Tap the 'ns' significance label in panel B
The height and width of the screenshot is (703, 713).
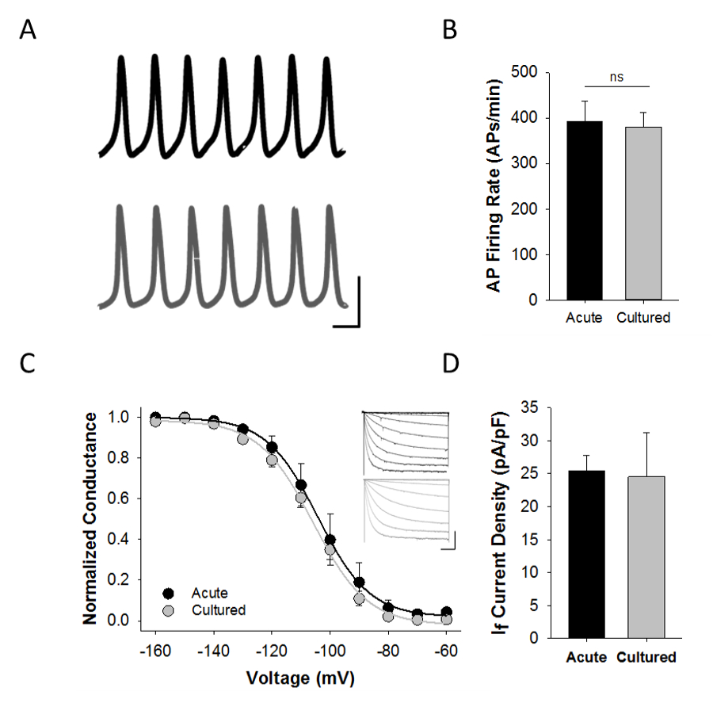(x=616, y=78)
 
